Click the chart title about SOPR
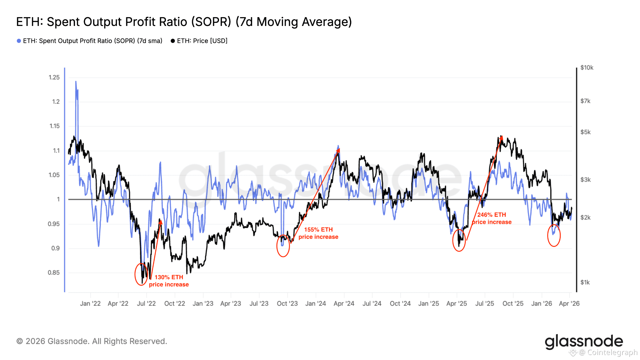click(x=184, y=22)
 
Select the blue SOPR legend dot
click(x=19, y=41)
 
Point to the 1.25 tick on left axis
click(x=54, y=77)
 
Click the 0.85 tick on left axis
click(x=54, y=272)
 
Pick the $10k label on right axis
click(x=587, y=67)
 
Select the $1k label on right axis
click(x=585, y=282)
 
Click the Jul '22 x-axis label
click(x=146, y=303)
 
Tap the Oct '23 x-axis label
click(x=287, y=303)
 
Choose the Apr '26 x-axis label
click(x=569, y=303)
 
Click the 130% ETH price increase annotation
click(x=169, y=281)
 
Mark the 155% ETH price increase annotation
click(x=318, y=233)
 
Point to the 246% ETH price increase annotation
click(x=492, y=218)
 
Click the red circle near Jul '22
click(x=141, y=274)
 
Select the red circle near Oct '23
click(x=283, y=246)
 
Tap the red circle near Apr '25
click(x=459, y=240)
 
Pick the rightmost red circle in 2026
click(x=554, y=235)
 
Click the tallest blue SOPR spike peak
click(x=76, y=82)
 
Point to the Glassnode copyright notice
click(x=92, y=341)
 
